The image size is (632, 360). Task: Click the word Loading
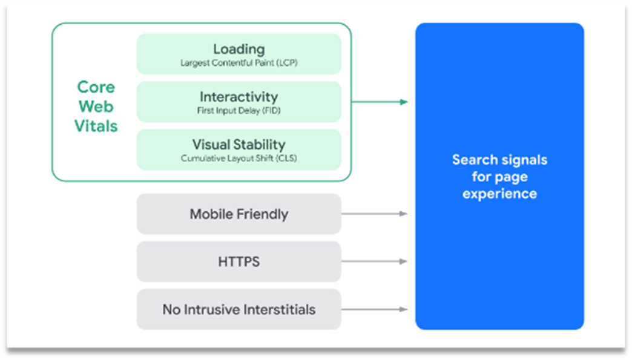[x=239, y=49]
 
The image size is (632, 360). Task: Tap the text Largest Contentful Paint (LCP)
[x=239, y=62]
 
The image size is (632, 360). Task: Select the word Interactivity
[x=239, y=97]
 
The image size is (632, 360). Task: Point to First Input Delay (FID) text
[x=239, y=111]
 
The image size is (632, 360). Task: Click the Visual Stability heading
[x=239, y=145]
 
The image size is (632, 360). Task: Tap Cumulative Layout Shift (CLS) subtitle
[x=239, y=159]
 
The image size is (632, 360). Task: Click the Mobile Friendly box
[x=239, y=214]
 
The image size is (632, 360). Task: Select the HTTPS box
[x=239, y=262]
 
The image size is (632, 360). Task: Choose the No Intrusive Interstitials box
[x=239, y=310]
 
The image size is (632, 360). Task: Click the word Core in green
[x=96, y=87]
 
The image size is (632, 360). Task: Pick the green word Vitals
[x=96, y=126]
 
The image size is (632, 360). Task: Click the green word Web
[x=96, y=106]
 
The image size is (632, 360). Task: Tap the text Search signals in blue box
[x=499, y=160]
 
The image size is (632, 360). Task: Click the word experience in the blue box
[x=499, y=194]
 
